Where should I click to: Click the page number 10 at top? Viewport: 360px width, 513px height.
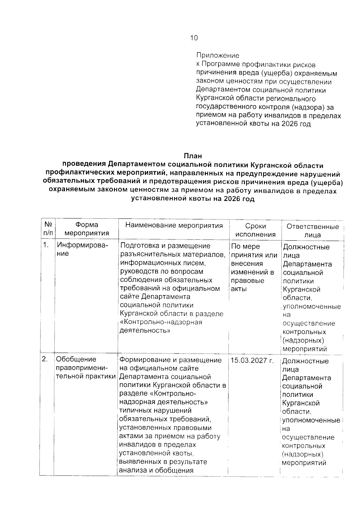pyautogui.click(x=194, y=38)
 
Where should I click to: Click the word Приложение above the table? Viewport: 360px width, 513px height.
pyautogui.click(x=217, y=56)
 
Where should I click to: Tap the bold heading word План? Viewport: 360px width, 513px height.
pyautogui.click(x=193, y=156)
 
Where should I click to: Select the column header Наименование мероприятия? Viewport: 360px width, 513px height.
pyautogui.click(x=174, y=226)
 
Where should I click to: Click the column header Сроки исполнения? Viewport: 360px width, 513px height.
pyautogui.click(x=256, y=230)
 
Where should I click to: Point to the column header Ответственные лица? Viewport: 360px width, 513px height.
pyautogui.click(x=313, y=231)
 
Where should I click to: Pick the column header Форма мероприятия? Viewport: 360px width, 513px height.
pyautogui.click(x=87, y=229)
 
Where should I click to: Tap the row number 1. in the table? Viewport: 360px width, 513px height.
pyautogui.click(x=46, y=245)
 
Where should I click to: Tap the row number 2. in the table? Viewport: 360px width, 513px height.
pyautogui.click(x=45, y=359)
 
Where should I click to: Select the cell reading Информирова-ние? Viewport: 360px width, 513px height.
pyautogui.click(x=82, y=249)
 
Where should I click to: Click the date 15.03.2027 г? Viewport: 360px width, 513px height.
pyautogui.click(x=252, y=361)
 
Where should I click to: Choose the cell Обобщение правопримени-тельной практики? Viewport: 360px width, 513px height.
pyautogui.click(x=86, y=368)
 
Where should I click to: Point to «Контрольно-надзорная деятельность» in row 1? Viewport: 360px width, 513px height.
pyautogui.click(x=161, y=326)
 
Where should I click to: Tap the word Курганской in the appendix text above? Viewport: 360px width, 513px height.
pyautogui.click(x=214, y=98)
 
